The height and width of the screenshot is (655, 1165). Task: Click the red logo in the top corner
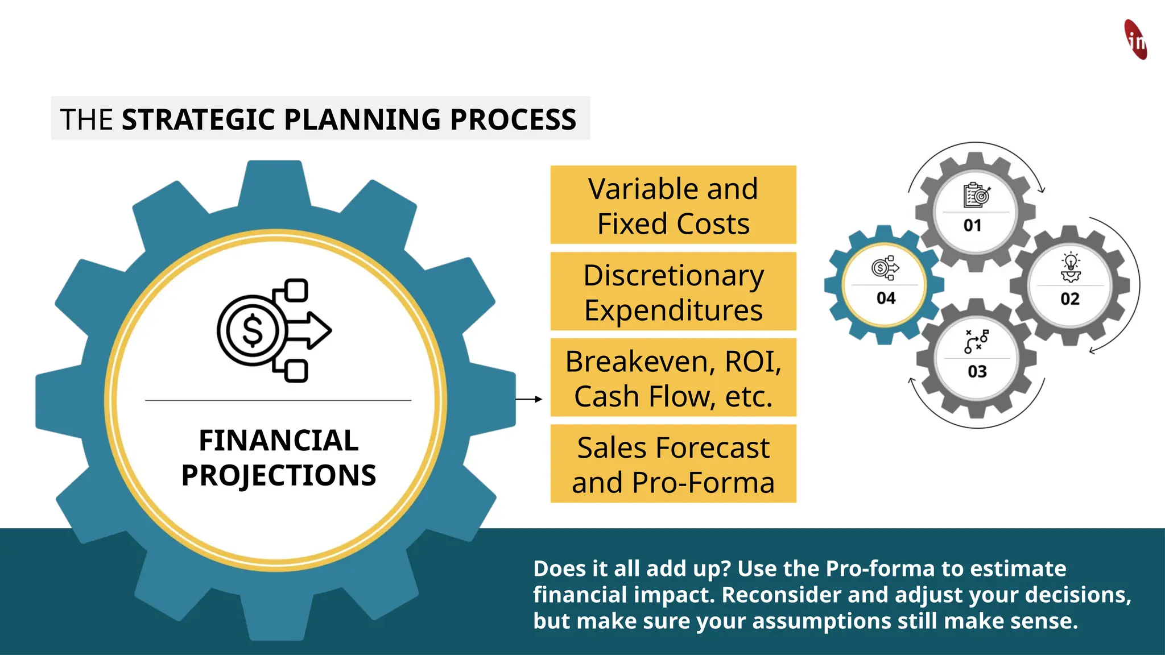point(1135,40)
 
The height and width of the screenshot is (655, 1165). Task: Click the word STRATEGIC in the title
point(199,119)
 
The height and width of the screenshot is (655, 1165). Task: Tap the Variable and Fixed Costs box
point(673,205)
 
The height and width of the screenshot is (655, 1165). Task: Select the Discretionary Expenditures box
point(673,292)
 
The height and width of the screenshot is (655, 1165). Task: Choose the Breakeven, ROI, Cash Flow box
point(673,378)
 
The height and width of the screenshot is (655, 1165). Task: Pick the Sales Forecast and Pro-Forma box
point(673,464)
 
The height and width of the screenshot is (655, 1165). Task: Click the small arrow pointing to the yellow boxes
point(528,399)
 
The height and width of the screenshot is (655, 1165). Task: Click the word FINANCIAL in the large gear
point(279,440)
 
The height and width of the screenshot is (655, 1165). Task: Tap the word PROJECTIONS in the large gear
point(279,475)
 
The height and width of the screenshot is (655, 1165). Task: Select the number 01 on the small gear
point(973,226)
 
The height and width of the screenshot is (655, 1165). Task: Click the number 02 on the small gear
point(1070,299)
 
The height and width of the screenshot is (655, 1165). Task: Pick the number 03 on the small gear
point(977,372)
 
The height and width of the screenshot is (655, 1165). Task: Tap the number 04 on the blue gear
point(886,299)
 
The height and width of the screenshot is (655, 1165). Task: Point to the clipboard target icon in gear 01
point(977,196)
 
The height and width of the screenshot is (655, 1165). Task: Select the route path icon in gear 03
point(977,341)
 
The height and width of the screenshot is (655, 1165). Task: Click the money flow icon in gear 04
point(885,268)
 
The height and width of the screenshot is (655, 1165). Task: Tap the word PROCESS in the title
point(513,119)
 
